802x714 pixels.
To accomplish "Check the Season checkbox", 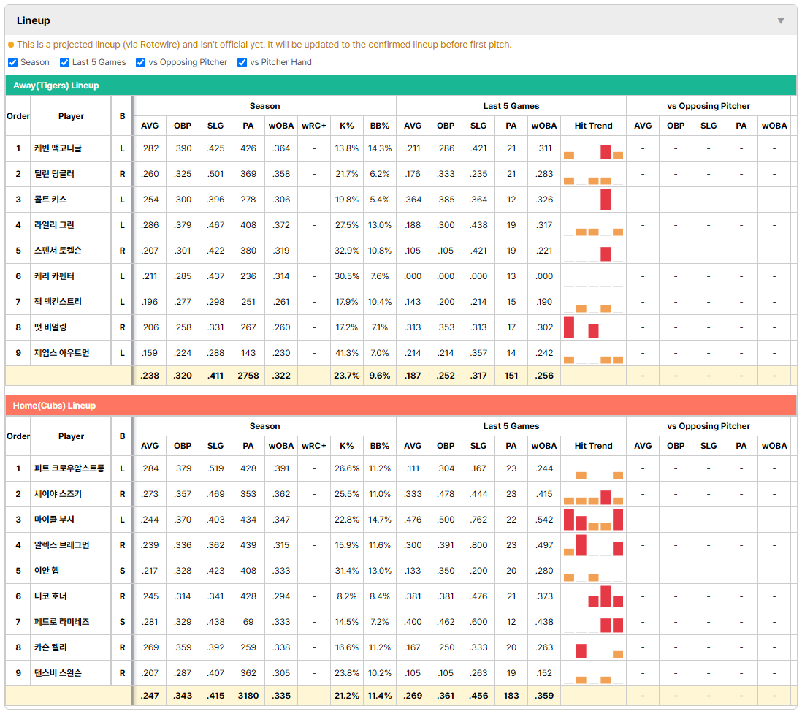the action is pos(13,62).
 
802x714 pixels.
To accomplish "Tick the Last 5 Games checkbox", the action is pos(64,62).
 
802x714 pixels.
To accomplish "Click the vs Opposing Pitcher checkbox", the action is pos(140,62).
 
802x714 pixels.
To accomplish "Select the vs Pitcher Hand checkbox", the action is pos(242,62).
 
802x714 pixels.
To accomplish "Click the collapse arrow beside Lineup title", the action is pos(781,20).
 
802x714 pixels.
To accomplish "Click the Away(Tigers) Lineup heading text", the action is pos(56,86).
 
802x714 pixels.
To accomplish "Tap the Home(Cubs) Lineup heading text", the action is pos(54,406).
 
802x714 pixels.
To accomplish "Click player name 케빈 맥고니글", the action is pos(58,148).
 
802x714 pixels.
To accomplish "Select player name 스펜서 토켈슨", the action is pos(58,251).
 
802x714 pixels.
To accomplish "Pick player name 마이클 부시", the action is pos(54,520).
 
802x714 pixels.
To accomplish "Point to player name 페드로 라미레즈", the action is pos(62,622).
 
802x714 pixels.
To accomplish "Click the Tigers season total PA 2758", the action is pos(248,376).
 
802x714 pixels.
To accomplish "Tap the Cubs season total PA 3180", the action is pos(248,696).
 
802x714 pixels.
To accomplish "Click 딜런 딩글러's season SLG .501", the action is pos(215,174).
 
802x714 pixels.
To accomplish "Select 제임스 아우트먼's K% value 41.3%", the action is pos(347,353).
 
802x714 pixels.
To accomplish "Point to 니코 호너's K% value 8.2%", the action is pos(347,596).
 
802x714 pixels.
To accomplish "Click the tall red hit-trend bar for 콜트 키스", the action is pos(606,200).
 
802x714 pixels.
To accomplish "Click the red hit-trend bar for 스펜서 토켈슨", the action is pos(606,254).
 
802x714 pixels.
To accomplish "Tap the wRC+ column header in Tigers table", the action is pos(313,126).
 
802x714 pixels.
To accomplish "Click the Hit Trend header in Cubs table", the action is pos(593,446).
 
